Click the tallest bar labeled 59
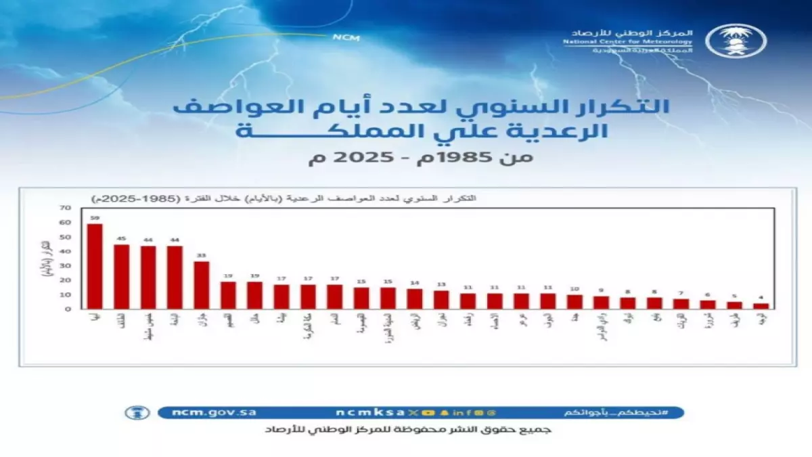(x=95, y=266)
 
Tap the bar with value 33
(x=202, y=284)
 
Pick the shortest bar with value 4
(x=761, y=306)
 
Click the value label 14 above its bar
(x=414, y=283)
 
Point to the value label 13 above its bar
(x=441, y=284)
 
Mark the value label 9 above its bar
(x=601, y=290)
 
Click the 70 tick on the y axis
(x=65, y=209)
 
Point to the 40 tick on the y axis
(x=65, y=252)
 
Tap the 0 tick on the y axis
(x=68, y=309)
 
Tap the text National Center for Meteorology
(x=627, y=41)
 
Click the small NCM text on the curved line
(x=342, y=38)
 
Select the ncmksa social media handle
(x=369, y=412)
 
